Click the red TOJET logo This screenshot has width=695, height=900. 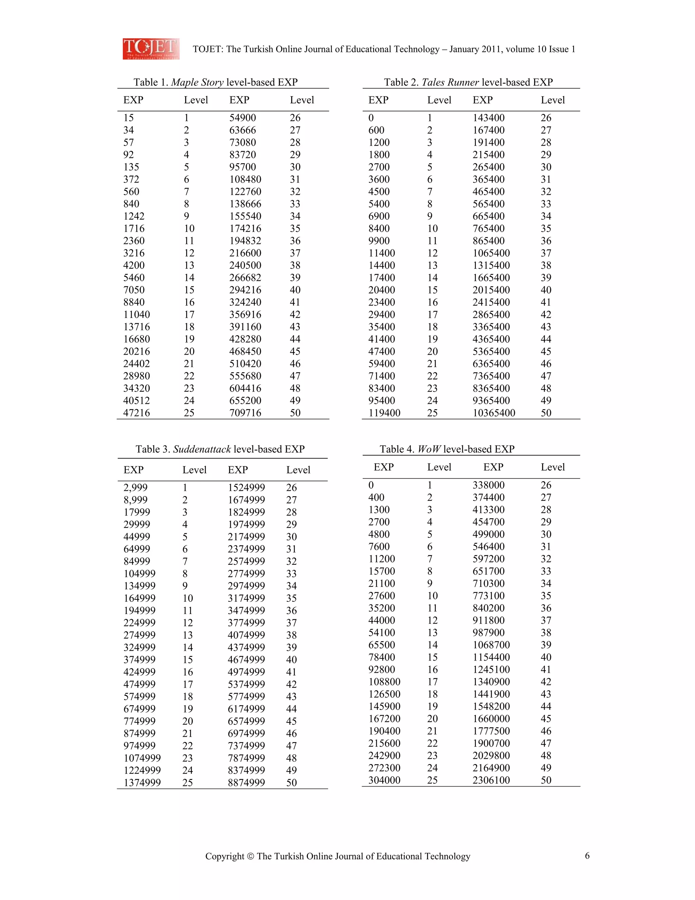[x=151, y=49]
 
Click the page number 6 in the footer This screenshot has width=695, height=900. [x=587, y=856]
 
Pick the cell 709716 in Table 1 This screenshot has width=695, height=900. [x=245, y=413]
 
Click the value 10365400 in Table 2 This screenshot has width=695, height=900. [x=494, y=413]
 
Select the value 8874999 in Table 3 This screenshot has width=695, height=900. [x=246, y=782]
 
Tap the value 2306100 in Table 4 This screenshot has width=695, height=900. [x=491, y=780]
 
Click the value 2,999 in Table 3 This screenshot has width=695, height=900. [x=135, y=487]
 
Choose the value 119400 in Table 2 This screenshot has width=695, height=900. [x=384, y=413]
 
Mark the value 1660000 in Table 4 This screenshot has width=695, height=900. [x=491, y=718]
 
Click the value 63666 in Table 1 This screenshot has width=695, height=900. [x=243, y=130]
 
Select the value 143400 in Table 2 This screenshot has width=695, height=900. [x=488, y=118]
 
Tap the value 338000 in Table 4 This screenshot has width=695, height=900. [x=488, y=485]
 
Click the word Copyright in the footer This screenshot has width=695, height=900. [x=224, y=856]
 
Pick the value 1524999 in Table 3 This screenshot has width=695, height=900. [x=246, y=487]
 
